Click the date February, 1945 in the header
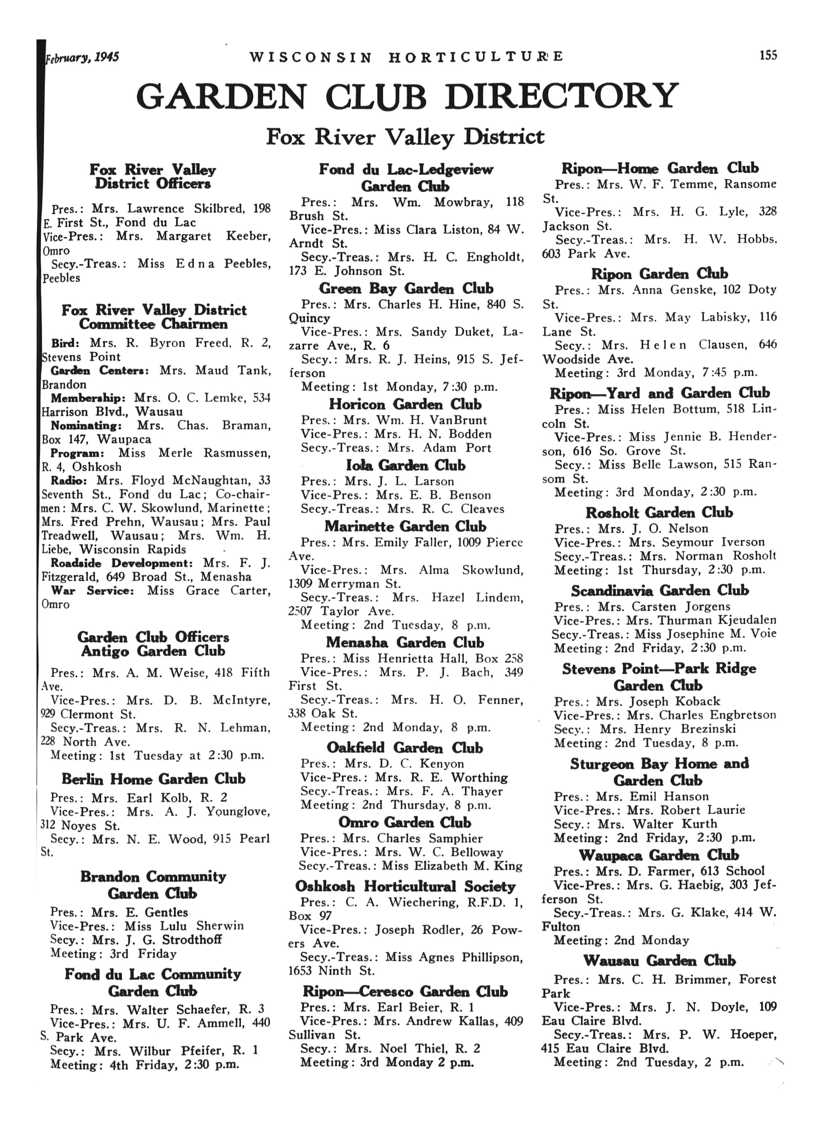[x=82, y=57]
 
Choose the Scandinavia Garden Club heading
[x=659, y=590]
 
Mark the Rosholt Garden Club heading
[x=659, y=512]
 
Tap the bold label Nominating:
[x=86, y=426]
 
